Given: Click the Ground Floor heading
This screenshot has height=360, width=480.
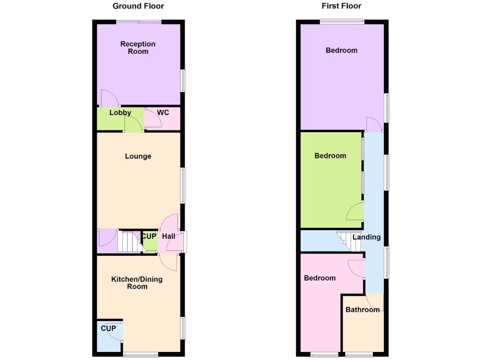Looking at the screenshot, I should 138,6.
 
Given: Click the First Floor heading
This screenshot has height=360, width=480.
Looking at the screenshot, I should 341,6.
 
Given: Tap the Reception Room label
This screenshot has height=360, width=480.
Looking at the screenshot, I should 138,47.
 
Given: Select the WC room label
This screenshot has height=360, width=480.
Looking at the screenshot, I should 163,112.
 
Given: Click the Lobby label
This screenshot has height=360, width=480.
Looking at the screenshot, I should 120,112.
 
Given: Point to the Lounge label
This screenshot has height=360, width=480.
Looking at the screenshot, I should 138,156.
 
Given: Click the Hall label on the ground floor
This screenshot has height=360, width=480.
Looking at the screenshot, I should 169,237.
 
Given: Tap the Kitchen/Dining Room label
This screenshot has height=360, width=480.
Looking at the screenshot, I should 137,283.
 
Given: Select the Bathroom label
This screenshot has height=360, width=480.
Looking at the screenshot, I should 362,309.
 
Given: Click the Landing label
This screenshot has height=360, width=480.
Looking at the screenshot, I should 367,237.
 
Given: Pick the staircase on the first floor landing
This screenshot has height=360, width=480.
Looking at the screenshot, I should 345,240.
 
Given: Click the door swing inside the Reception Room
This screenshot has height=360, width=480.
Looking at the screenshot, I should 109,97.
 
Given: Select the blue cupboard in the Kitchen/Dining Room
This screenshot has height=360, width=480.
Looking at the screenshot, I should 109,337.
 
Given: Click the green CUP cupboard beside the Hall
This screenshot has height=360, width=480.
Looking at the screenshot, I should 149,241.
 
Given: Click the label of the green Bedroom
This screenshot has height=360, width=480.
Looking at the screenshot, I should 330,156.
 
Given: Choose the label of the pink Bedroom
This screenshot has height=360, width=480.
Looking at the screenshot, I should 320,278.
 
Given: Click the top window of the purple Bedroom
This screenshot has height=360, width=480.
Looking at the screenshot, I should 342,21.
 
